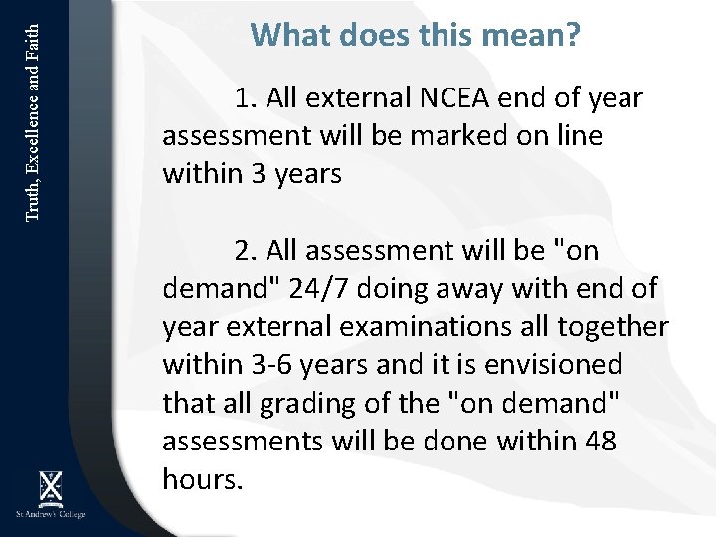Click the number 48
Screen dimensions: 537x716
click(597, 441)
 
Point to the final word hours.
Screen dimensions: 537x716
click(202, 478)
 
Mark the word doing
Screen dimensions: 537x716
click(397, 289)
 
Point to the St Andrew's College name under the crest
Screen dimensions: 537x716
click(49, 514)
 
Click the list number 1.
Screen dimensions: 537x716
click(246, 99)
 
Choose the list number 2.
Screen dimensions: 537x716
click(246, 252)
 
